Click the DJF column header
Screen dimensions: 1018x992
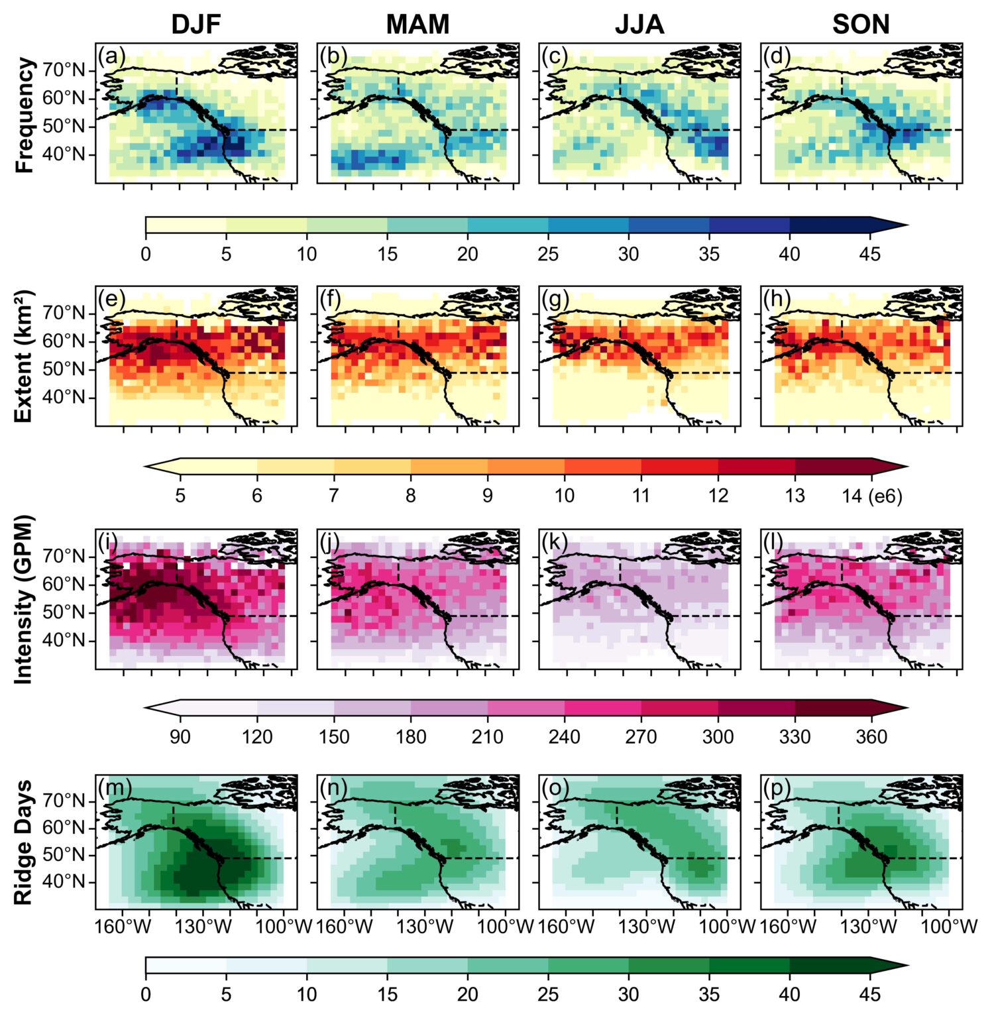pos(195,25)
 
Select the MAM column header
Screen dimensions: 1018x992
pos(417,25)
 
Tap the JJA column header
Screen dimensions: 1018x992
pos(639,25)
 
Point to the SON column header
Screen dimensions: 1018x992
pos(860,25)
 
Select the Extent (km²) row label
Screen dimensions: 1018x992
pos(24,356)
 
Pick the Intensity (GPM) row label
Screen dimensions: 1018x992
pos(24,599)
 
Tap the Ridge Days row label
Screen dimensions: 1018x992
pos(24,842)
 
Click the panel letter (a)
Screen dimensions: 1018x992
pos(111,56)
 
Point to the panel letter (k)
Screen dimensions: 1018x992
pos(555,543)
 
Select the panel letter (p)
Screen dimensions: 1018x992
pos(777,787)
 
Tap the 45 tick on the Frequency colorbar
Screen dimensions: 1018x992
pos(869,254)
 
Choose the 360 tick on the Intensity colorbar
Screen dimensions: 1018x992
pos(871,737)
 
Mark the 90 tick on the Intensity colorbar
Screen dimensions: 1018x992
pos(180,737)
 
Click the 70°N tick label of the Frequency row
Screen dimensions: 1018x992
pos(64,70)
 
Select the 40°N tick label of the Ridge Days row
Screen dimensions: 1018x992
pos(64,882)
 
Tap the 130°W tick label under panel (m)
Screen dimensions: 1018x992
pos(203,926)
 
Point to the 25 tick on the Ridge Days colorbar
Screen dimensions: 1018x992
pos(548,994)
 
